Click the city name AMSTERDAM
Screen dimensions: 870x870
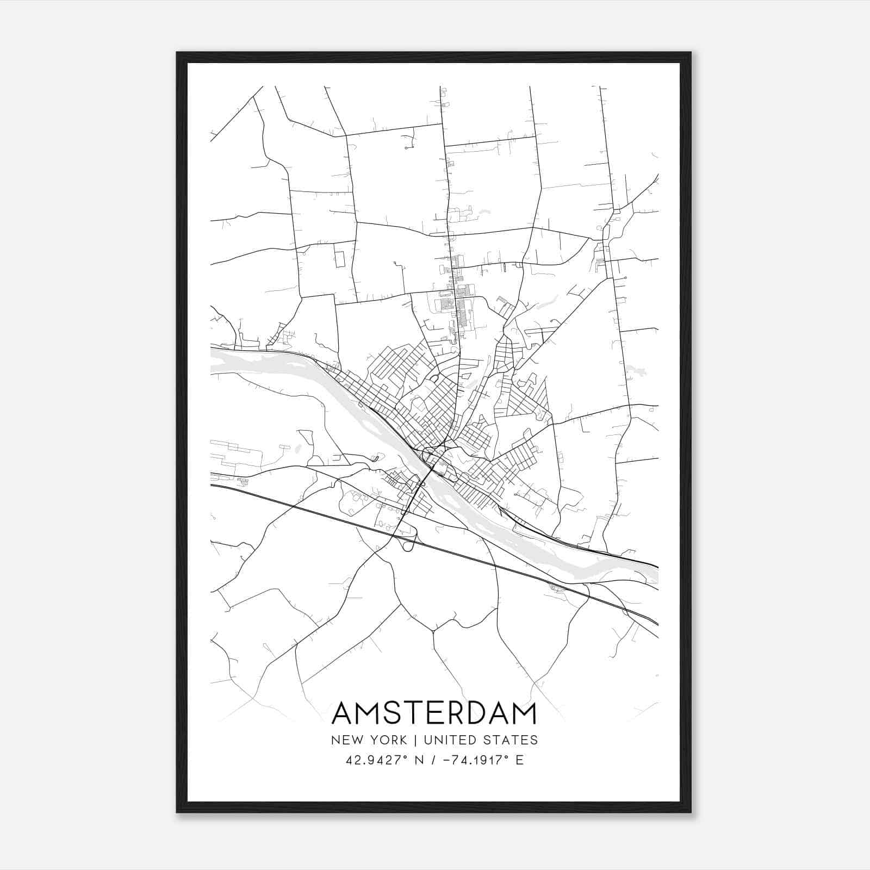point(434,713)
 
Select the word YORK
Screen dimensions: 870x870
point(389,740)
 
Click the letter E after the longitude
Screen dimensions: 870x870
point(519,760)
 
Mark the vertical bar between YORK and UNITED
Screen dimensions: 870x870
point(415,740)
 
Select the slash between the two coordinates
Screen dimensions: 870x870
point(432,760)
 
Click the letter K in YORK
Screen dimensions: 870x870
point(402,740)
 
